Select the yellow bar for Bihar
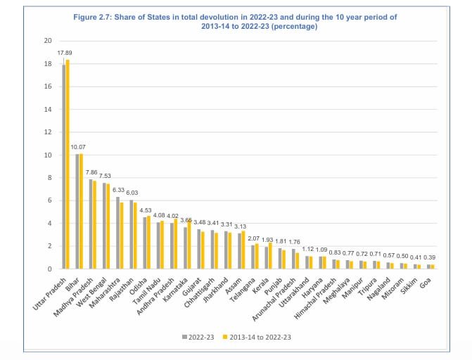point(82,211)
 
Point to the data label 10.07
point(79,147)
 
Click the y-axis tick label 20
point(48,41)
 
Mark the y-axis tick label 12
point(48,132)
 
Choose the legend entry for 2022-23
point(198,337)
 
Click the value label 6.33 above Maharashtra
point(119,189)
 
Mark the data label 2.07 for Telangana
point(254,238)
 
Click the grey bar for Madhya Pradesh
point(91,224)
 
